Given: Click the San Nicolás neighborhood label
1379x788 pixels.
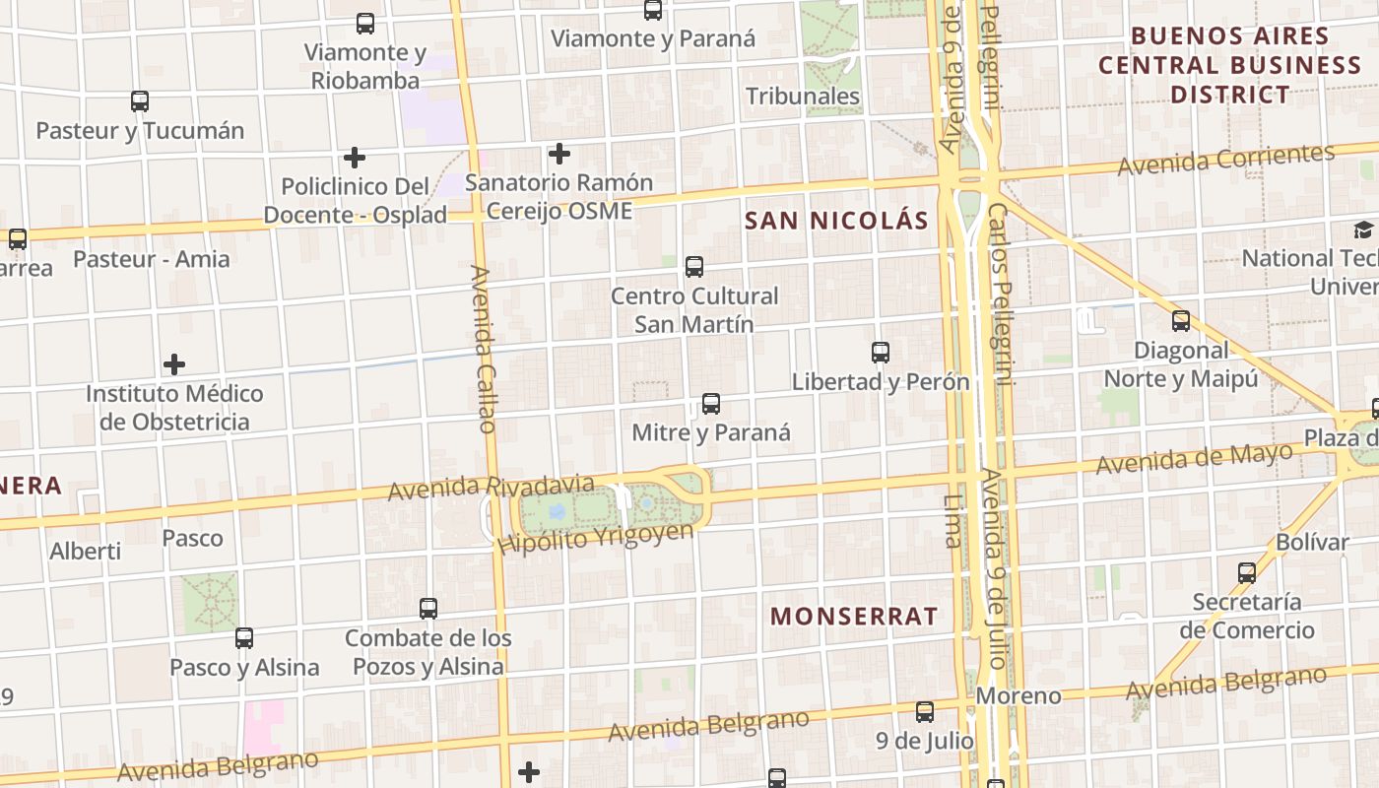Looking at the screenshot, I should [x=836, y=221].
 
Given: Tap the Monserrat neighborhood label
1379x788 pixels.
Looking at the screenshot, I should [x=854, y=617].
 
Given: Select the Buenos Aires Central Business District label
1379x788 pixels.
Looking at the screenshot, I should [x=1229, y=65].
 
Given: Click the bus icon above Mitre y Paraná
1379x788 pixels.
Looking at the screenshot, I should [x=710, y=403].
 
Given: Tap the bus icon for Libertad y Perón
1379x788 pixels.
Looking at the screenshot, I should [x=881, y=352].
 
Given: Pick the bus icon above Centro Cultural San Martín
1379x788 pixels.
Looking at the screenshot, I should [x=694, y=266].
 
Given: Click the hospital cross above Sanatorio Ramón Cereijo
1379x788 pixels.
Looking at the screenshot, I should [x=559, y=154].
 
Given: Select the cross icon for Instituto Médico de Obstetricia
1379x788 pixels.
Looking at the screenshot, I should [x=174, y=364].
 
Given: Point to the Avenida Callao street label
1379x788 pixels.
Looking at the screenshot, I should [x=484, y=349].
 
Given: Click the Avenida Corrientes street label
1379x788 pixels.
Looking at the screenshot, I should [x=1225, y=160].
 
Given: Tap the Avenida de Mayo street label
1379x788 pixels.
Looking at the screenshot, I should [x=1194, y=458].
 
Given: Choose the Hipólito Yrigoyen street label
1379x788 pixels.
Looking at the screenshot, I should [x=595, y=538].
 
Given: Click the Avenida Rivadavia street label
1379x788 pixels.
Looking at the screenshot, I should [x=491, y=488].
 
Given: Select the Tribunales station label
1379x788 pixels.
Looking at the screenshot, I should [x=803, y=97].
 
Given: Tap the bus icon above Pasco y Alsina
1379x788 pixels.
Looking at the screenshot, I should [x=244, y=637].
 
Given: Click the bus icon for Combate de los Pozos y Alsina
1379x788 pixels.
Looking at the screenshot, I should [x=428, y=608].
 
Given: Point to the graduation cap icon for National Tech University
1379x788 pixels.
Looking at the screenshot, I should [x=1363, y=230].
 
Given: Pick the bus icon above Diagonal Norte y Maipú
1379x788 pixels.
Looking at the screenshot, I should [x=1180, y=320].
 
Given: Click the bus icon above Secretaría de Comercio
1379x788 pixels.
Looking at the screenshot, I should [x=1247, y=572].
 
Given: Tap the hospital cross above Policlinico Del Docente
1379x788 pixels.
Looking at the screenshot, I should [x=355, y=157].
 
